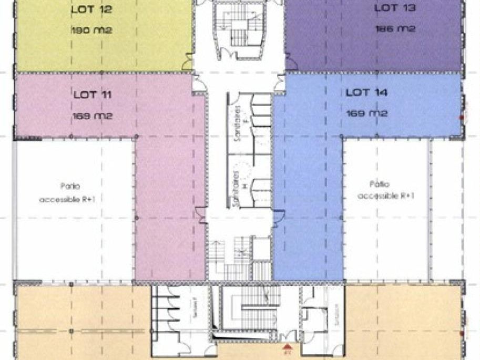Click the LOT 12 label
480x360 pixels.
point(92,9)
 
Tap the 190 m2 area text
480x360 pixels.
point(92,30)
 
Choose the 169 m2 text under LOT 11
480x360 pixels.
point(93,116)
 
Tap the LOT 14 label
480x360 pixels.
point(366,92)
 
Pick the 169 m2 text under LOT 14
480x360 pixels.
point(366,114)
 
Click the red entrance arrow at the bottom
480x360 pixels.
point(287,347)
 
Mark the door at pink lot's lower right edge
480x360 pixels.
point(200,215)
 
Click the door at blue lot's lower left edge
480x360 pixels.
point(279,215)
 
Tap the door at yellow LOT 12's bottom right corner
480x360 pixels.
point(188,63)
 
